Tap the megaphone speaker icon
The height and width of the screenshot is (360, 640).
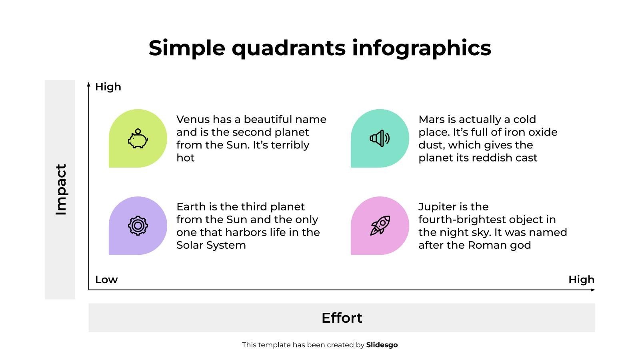380,138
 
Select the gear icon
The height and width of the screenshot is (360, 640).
138,226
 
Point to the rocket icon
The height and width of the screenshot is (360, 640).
380,226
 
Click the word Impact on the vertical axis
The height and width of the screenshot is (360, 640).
61,190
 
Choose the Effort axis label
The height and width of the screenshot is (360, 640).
342,318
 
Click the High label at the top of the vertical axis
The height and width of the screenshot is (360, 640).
108,87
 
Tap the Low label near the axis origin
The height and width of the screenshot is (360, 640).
106,280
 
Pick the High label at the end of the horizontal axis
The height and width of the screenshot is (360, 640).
582,280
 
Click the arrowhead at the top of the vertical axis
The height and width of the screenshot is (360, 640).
88,84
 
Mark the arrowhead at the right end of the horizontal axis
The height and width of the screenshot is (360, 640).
593,290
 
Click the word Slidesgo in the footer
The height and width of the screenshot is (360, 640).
382,345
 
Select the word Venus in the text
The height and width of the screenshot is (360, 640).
193,120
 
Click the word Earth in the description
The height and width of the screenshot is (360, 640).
190,206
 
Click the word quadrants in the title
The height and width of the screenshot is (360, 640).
288,48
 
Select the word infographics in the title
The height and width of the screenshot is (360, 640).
422,48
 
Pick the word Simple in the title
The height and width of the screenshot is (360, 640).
187,48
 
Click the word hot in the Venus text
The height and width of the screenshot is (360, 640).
186,158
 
